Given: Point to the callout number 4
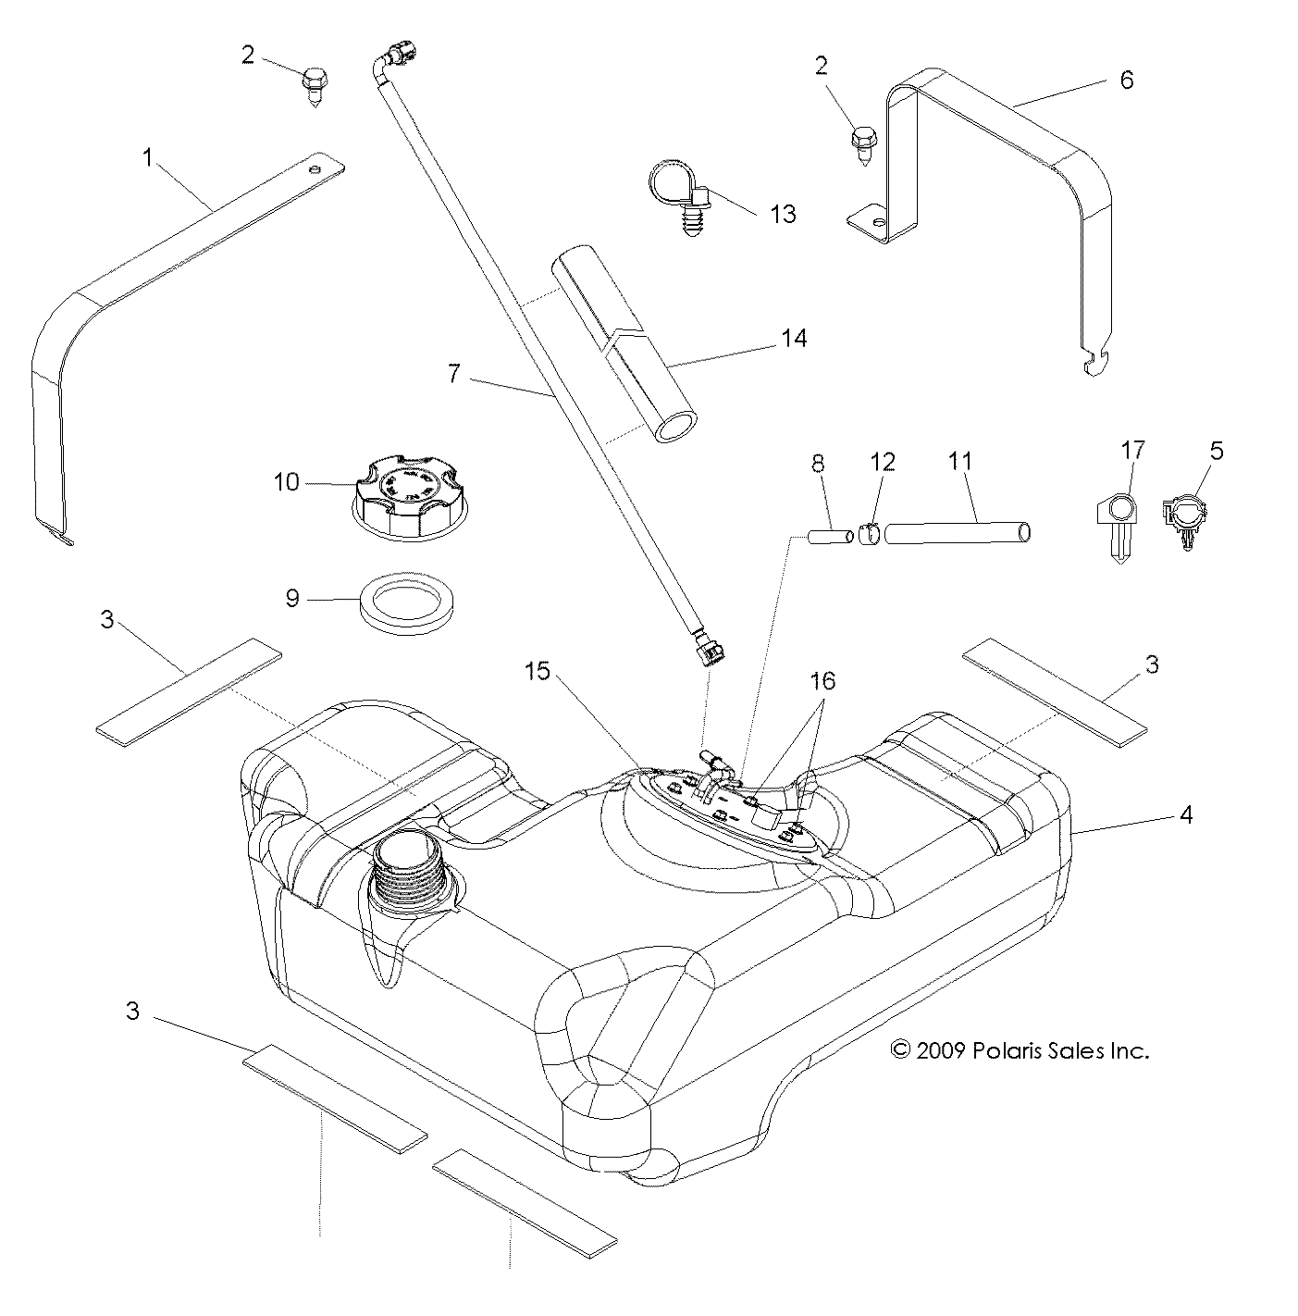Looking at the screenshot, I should coord(1185,814).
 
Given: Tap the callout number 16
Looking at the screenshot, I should coord(822,681).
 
